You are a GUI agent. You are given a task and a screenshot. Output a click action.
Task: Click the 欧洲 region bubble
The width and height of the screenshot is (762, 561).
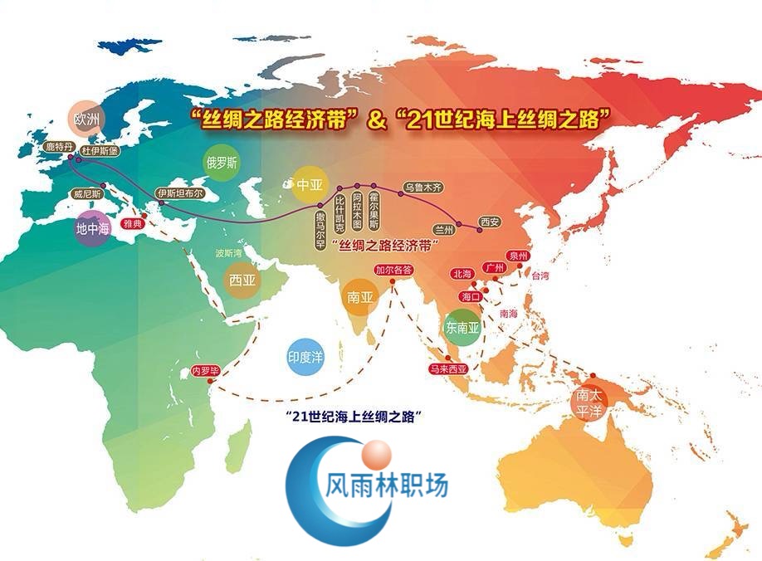pyautogui.click(x=85, y=120)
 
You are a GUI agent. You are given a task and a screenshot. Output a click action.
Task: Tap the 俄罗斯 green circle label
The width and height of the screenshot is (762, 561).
pyautogui.click(x=222, y=163)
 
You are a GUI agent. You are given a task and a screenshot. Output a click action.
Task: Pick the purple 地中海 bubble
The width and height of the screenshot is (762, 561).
pyautogui.click(x=92, y=229)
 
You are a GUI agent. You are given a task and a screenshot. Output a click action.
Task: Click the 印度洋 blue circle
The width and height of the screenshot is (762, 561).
pyautogui.click(x=305, y=357)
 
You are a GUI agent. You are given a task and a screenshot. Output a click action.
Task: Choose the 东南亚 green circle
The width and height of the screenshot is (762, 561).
pyautogui.click(x=462, y=328)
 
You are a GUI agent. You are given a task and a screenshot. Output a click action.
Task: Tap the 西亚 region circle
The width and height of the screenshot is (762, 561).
pyautogui.click(x=243, y=280)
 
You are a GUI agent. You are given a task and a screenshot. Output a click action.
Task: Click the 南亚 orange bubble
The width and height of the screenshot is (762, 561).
pyautogui.click(x=359, y=296)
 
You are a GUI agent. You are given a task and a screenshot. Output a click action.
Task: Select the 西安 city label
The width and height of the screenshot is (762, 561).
pyautogui.click(x=490, y=222)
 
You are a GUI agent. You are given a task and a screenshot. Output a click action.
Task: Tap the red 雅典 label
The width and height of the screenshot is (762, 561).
pyautogui.click(x=133, y=224)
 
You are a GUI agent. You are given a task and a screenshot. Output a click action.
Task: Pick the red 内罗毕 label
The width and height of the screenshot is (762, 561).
pyautogui.click(x=204, y=370)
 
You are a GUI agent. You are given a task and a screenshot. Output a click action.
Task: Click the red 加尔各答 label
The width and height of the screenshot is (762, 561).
pyautogui.click(x=393, y=270)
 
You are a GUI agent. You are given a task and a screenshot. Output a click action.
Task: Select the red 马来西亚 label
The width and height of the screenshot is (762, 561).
pyautogui.click(x=447, y=371)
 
